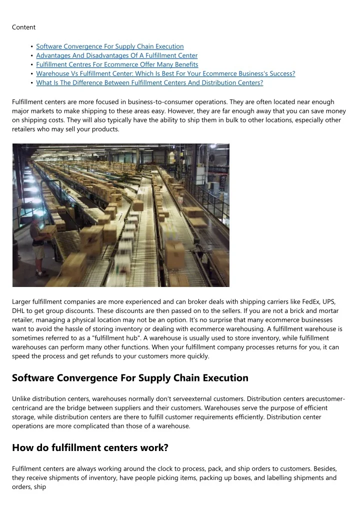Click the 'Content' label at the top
click(23, 27)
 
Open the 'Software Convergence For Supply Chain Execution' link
click(110, 46)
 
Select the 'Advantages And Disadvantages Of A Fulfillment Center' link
click(117, 55)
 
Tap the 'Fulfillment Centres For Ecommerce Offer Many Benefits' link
click(117, 64)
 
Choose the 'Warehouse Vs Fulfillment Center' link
click(165, 73)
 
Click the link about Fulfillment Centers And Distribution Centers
click(149, 82)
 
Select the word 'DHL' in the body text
click(19, 310)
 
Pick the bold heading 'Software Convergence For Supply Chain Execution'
click(130, 378)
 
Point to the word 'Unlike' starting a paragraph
click(21, 398)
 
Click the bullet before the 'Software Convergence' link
click(32, 46)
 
